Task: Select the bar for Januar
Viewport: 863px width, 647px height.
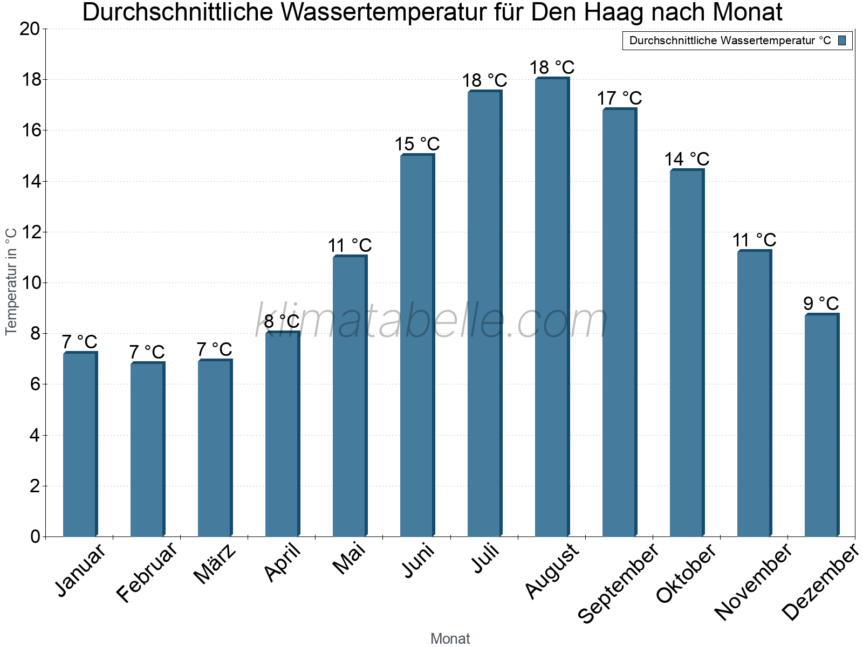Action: point(80,445)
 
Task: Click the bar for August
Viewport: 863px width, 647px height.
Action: point(552,307)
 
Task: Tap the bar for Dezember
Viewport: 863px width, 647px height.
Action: point(821,426)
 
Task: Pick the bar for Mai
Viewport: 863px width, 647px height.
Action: point(350,396)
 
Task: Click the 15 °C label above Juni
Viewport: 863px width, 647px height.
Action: point(417,144)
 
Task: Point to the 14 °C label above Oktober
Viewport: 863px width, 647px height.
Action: point(687,160)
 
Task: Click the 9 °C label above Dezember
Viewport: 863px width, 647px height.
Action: point(821,304)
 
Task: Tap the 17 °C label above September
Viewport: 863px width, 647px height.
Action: point(619,99)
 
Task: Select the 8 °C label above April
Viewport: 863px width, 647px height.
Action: point(282,322)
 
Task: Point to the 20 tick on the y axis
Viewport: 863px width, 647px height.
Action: point(30,29)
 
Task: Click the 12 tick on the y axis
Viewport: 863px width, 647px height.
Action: point(30,232)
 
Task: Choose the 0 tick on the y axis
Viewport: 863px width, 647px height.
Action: point(35,536)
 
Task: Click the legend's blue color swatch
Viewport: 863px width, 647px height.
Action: point(843,40)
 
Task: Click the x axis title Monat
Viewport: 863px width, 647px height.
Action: point(450,639)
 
